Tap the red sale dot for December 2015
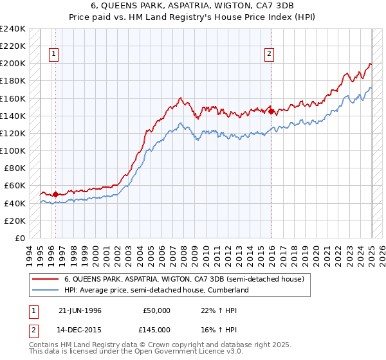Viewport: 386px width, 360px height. click(271, 111)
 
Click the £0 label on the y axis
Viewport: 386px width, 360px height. click(19, 238)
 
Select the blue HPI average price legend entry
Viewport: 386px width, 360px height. click(156, 290)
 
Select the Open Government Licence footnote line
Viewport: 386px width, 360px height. click(136, 353)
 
